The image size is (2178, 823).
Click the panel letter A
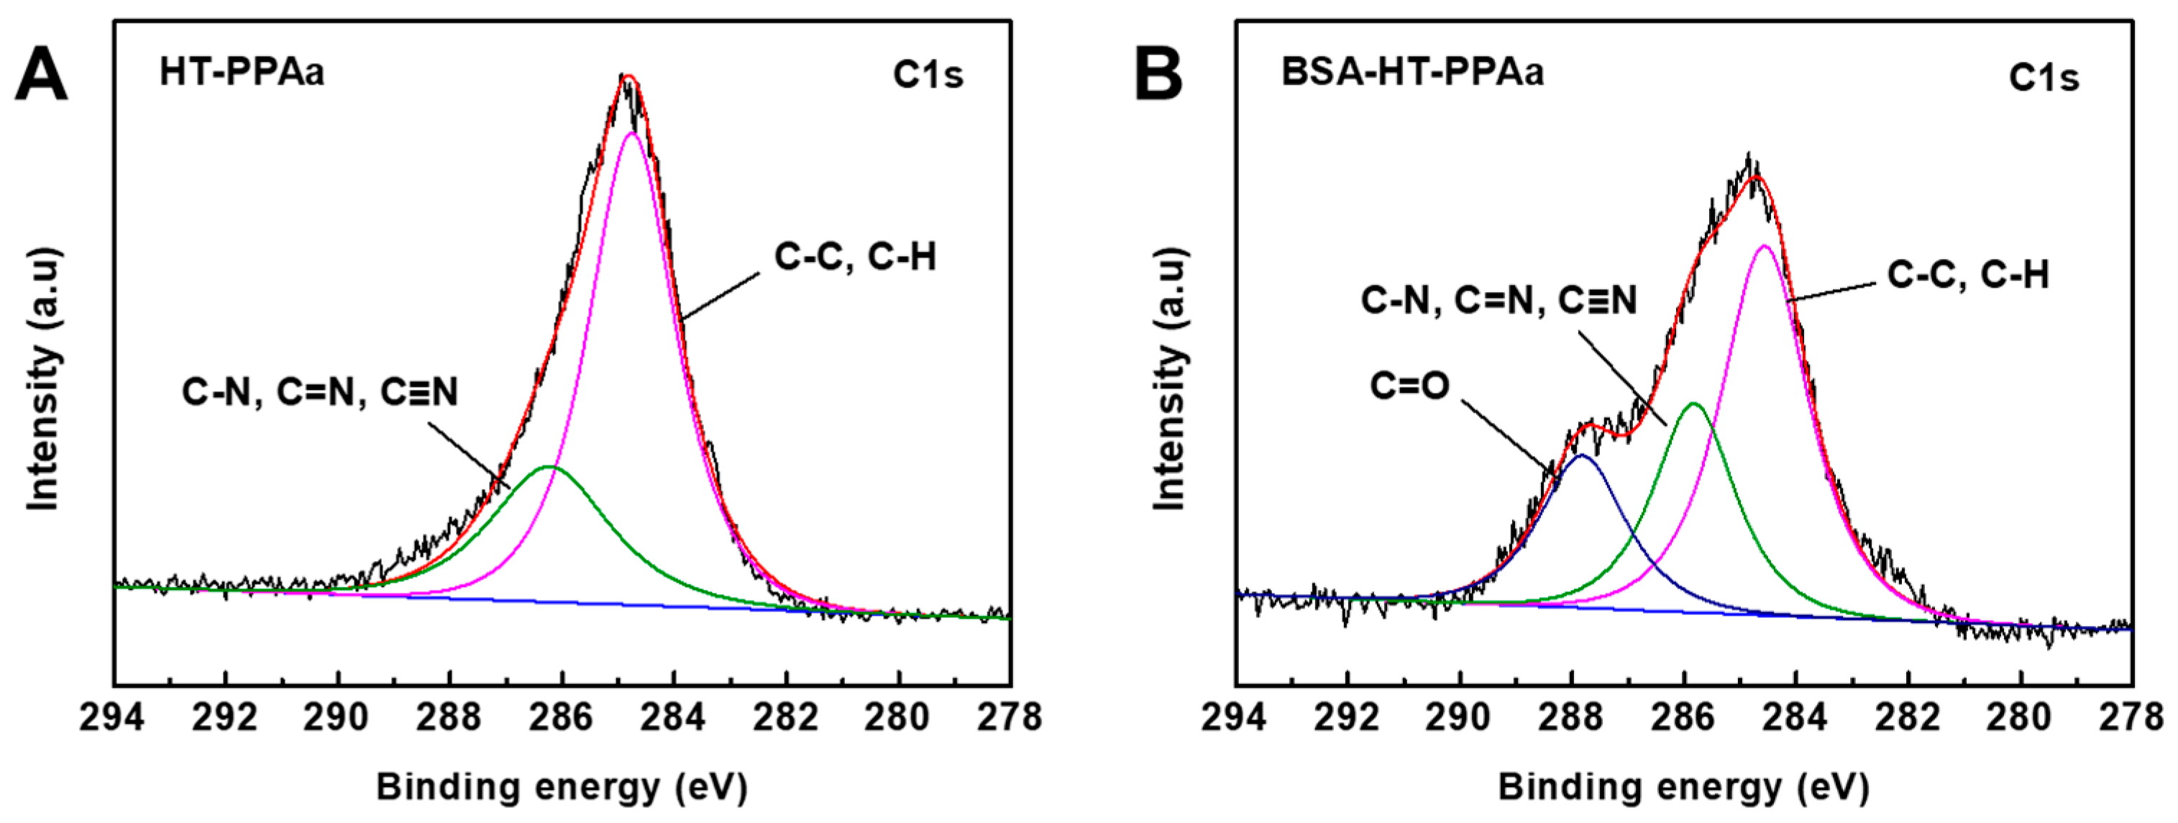(40, 76)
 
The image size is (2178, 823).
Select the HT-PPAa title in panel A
(242, 73)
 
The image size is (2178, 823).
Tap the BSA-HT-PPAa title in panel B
(1412, 72)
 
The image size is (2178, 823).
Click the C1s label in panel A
(928, 76)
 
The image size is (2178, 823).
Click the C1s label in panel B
(2044, 78)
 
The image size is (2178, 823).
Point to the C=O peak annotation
(1409, 386)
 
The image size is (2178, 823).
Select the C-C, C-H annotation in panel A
(855, 257)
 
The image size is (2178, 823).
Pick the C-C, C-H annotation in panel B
(1968, 276)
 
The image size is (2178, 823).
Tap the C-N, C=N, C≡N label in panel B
(1498, 300)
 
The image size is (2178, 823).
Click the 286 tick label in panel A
(562, 718)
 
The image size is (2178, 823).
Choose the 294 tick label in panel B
(1235, 718)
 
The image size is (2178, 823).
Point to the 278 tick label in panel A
(1010, 718)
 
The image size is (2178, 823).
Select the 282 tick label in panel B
(1908, 718)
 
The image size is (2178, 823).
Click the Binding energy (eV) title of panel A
(562, 786)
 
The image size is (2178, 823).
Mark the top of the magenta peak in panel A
(631, 133)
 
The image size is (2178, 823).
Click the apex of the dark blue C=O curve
(1580, 456)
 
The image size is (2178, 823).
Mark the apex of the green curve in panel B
(1693, 404)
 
